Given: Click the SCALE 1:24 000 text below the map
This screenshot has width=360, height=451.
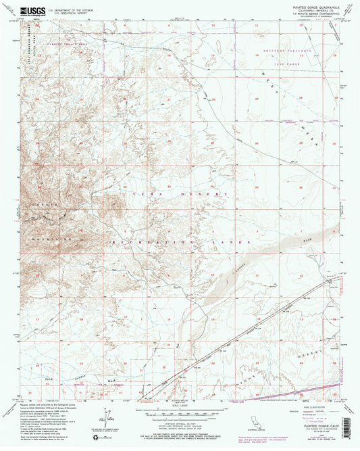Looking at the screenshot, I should [x=180, y=405].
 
